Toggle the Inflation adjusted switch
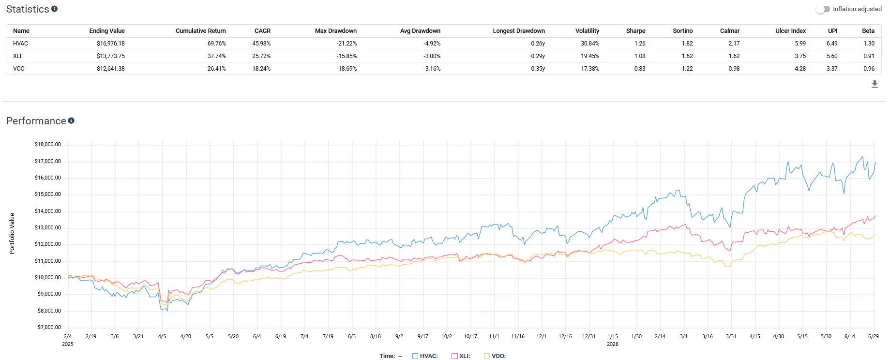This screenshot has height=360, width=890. click(x=822, y=9)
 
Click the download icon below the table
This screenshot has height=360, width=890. click(x=875, y=84)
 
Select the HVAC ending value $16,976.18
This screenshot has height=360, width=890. click(x=111, y=44)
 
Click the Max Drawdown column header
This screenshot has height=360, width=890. click(x=336, y=31)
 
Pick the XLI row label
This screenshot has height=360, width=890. click(x=17, y=56)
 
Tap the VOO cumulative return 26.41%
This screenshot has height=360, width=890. click(x=217, y=69)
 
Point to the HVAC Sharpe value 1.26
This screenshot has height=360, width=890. click(x=640, y=44)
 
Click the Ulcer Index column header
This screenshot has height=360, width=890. click(x=791, y=31)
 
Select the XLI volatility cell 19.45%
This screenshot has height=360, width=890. click(x=590, y=56)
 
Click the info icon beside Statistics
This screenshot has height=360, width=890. click(x=54, y=9)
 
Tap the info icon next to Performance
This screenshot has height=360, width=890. click(x=71, y=120)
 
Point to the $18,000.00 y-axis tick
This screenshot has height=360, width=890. click(x=48, y=144)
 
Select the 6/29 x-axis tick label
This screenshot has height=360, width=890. click(x=874, y=336)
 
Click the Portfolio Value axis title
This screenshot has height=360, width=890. click(x=12, y=234)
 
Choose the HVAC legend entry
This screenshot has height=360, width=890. click(x=425, y=356)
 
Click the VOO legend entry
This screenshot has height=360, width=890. click(x=495, y=356)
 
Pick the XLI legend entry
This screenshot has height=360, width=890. click(x=461, y=356)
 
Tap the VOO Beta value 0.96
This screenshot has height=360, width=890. click(x=869, y=69)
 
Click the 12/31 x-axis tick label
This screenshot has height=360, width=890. click(x=589, y=336)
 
